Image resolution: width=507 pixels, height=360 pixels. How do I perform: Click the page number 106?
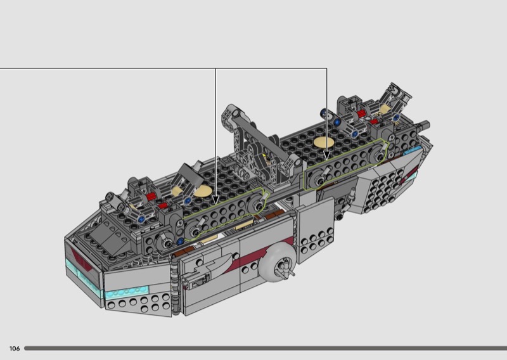15,349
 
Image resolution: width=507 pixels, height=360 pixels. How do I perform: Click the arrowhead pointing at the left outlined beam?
215,200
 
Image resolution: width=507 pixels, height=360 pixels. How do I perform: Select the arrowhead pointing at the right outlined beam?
326,155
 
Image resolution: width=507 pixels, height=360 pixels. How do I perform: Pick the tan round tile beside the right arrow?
324,143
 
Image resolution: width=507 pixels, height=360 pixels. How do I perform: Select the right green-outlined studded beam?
346,164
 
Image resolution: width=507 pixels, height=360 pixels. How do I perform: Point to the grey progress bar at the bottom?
266,349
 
